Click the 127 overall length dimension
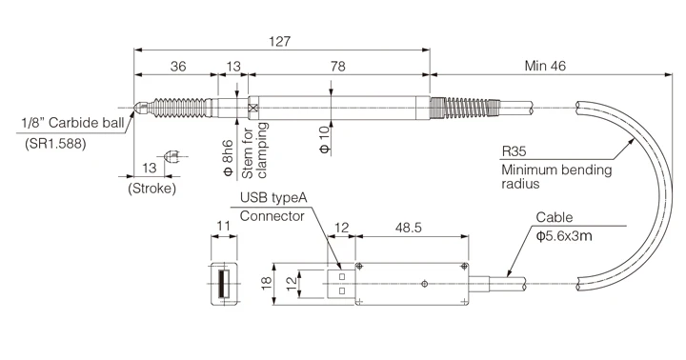coord(279,41)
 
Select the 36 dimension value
coord(178,67)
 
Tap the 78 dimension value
coord(337,67)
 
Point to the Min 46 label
coord(545,66)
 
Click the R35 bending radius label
coord(514,151)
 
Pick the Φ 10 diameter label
coord(325,140)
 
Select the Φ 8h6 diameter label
coord(229,157)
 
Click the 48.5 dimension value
coord(408,228)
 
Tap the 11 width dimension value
coord(224,226)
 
